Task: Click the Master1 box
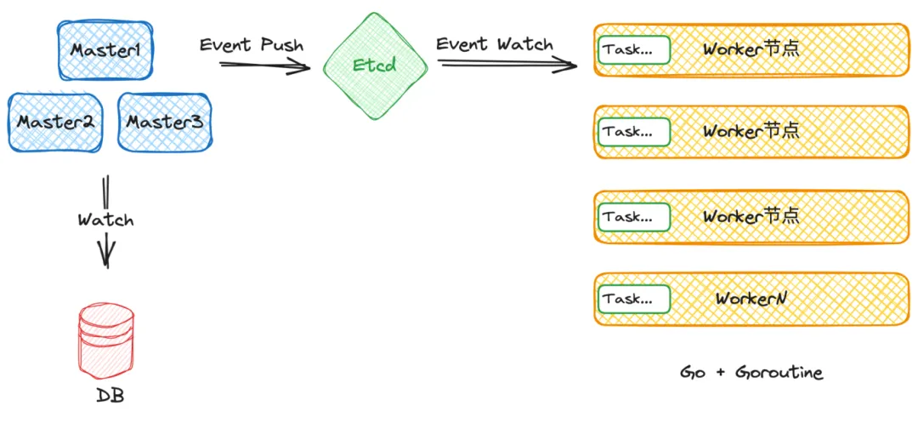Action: (106, 50)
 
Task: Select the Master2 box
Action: (55, 122)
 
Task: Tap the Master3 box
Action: (165, 122)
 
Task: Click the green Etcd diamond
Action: (375, 65)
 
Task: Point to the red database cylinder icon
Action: (106, 340)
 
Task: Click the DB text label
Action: (110, 396)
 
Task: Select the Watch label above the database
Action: (106, 220)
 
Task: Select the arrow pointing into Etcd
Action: (265, 65)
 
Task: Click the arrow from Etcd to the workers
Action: (507, 65)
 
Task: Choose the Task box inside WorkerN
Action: (634, 299)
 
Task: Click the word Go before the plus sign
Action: (692, 373)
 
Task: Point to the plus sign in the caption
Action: (718, 374)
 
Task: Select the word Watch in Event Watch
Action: (524, 44)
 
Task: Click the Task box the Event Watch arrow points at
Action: (634, 50)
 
